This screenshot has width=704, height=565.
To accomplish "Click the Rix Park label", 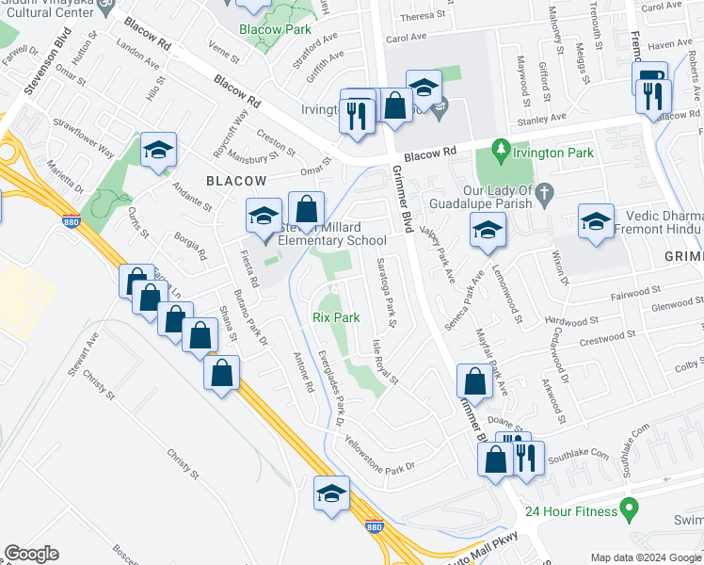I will pos(336,318).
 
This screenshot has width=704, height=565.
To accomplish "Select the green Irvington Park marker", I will pos(502,148).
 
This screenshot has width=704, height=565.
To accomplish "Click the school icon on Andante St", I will pos(159,149).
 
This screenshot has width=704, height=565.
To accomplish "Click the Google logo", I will pos(31,554).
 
